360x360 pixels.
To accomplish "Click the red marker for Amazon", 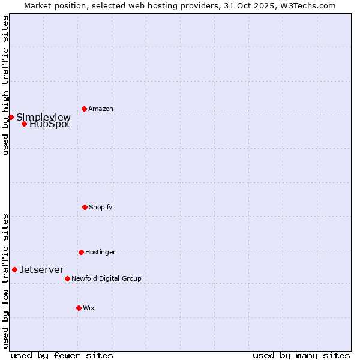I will (x=84, y=109).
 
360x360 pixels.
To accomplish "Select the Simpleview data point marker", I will (x=11, y=117).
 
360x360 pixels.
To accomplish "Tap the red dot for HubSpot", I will (x=24, y=124).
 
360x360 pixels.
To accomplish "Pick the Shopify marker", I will (x=85, y=207).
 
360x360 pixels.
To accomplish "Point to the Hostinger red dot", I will (x=81, y=252).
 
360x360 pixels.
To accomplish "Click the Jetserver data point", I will (x=14, y=269).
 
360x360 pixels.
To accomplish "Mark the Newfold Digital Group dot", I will (x=67, y=278).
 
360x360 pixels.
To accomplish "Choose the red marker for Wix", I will (x=79, y=308).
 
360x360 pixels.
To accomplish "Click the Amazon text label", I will (x=101, y=109).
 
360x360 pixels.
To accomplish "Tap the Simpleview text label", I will (x=43, y=117).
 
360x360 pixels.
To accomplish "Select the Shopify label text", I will (x=101, y=208).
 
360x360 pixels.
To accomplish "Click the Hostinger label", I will (x=100, y=253).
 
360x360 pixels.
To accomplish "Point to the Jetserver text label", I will (x=42, y=270).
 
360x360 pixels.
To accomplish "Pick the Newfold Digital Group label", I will (x=107, y=279).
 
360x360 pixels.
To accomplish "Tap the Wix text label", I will (x=89, y=308).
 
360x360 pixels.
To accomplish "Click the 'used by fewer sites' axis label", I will (x=62, y=355).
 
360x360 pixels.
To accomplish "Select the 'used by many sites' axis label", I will (x=301, y=355).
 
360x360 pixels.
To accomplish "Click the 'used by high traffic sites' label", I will (x=5, y=85).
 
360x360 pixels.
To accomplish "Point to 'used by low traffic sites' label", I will (x=5, y=281).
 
